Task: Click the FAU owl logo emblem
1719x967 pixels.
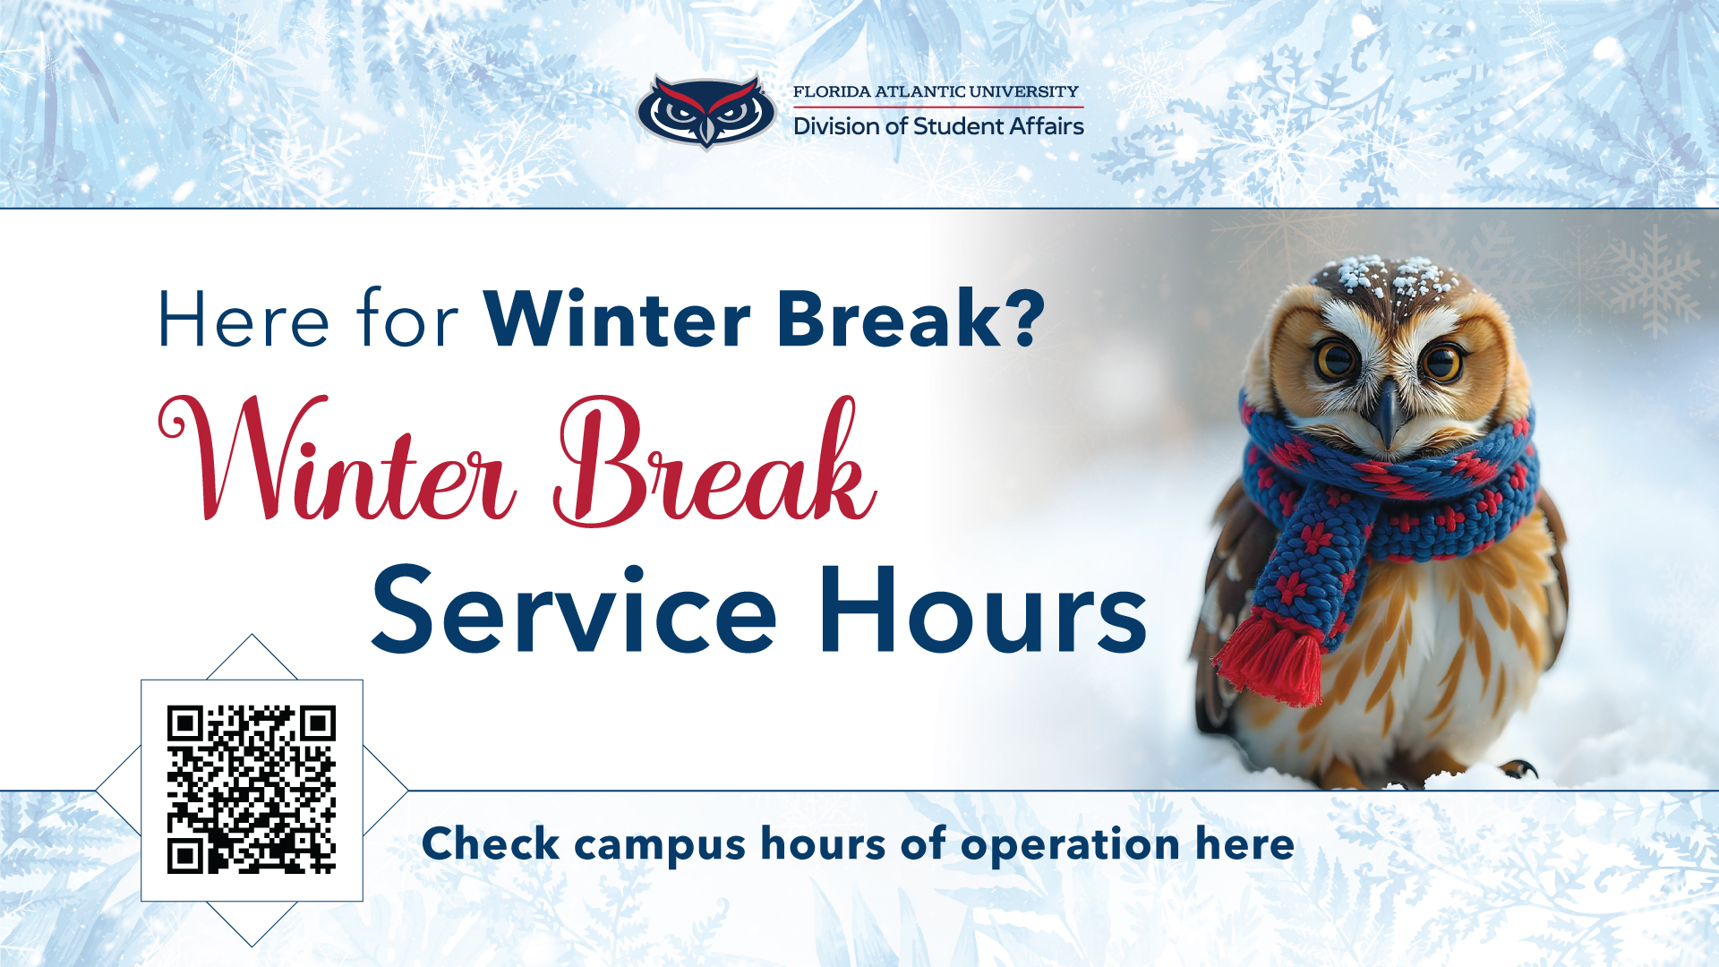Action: point(706,112)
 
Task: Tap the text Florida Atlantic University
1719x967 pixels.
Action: point(936,91)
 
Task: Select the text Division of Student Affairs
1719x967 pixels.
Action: point(938,126)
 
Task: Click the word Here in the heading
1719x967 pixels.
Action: point(244,320)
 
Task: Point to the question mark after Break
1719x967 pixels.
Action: point(1026,318)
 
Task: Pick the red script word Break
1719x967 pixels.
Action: point(714,461)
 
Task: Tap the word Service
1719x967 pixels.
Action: point(574,610)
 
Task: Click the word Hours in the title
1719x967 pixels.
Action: point(983,610)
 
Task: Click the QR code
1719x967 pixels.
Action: point(252,790)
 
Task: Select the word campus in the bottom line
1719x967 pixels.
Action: point(660,846)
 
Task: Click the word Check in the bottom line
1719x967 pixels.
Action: point(491,843)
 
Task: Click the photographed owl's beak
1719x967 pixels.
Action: point(1388,411)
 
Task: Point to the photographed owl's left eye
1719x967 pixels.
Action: point(1335,360)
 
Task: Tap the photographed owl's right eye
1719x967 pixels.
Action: point(1442,363)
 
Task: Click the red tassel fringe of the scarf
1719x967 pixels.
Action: point(1269,660)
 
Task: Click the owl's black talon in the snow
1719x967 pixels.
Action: point(1519,769)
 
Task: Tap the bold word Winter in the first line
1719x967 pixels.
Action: point(618,319)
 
